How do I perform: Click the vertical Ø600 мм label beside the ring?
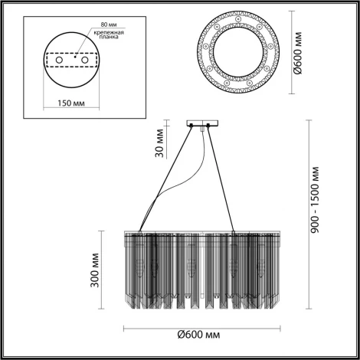point(300,53)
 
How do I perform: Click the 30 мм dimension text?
point(160,142)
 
